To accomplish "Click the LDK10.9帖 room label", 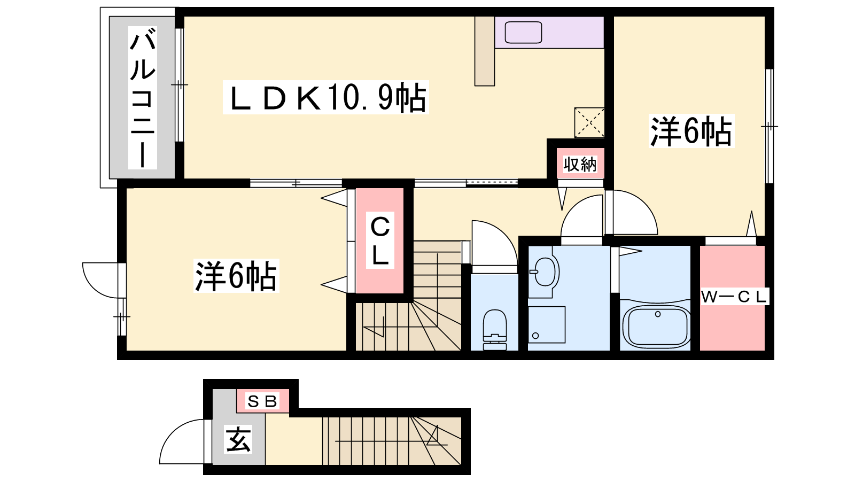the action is coord(325,97).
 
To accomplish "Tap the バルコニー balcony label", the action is coord(142,98).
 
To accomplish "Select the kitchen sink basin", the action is coord(523,32).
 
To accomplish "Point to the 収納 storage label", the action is coord(580,165).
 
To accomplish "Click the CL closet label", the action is coord(380,241).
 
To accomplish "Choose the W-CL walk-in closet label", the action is coord(734,296).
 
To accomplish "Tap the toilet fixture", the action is coord(495,329).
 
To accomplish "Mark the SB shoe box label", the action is coord(262,401).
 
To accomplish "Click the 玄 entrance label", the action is coord(238,439).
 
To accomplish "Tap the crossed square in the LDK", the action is coord(589,122).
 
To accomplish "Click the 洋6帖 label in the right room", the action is coord(691,131).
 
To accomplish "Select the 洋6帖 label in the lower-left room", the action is coord(237,276).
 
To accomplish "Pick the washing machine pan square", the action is coord(547,324).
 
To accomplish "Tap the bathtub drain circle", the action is coord(658,314).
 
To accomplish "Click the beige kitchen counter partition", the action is coord(485,51).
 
